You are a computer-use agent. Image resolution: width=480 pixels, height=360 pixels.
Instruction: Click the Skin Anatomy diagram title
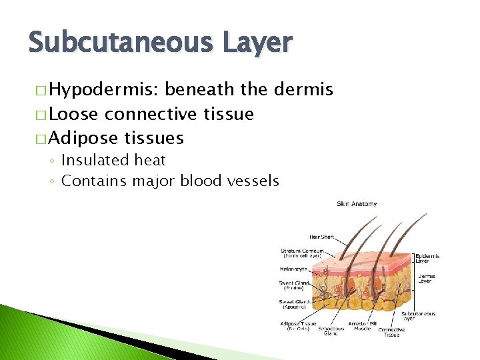tap(357, 204)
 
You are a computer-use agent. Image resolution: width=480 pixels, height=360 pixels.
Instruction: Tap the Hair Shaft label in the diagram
tap(323, 237)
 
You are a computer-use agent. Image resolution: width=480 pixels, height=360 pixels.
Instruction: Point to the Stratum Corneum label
tap(301, 253)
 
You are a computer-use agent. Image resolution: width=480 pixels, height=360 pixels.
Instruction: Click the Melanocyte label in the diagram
tap(293, 269)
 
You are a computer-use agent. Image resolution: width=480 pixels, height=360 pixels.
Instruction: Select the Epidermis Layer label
tap(427, 259)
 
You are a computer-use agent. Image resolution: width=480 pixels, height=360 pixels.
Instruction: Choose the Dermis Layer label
tap(425, 279)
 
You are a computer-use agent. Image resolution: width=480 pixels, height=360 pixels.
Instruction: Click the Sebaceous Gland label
tap(331, 331)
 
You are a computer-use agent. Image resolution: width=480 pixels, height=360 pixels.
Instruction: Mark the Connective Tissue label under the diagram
tap(392, 332)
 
